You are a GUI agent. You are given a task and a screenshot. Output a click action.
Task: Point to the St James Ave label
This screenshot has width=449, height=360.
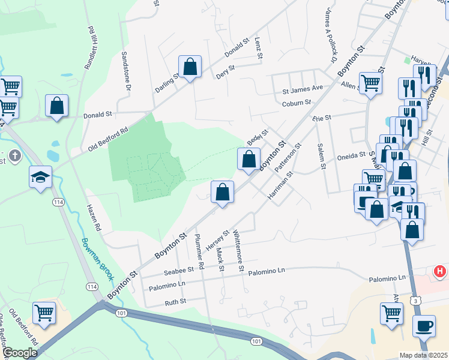point(303,88)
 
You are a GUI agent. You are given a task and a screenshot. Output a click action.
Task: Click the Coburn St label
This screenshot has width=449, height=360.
point(297,103)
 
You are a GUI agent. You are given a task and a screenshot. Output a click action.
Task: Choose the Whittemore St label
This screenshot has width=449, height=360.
point(238,251)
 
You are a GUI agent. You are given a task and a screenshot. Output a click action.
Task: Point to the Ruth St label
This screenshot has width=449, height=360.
point(175,301)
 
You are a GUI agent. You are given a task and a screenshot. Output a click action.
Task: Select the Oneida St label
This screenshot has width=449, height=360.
point(354,154)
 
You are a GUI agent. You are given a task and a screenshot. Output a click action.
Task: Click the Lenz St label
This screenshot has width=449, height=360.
point(259,49)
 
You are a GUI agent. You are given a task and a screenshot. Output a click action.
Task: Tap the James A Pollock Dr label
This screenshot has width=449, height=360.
point(330,35)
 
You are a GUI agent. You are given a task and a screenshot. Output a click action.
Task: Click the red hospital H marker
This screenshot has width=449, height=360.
point(440,272)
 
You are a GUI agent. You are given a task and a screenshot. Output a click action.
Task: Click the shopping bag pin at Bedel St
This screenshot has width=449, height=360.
point(249,160)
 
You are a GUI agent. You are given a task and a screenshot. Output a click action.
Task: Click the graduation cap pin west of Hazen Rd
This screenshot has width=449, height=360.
point(41,177)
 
